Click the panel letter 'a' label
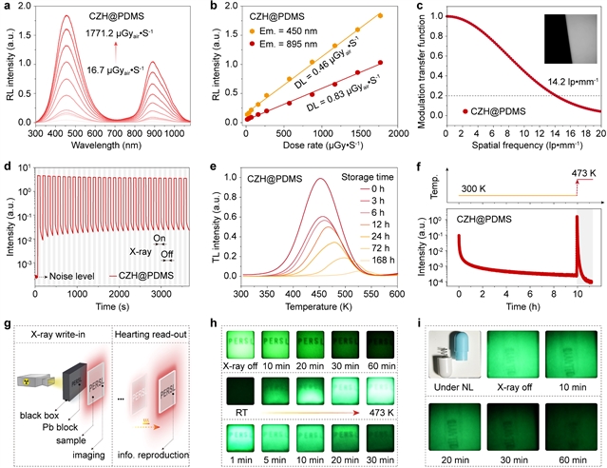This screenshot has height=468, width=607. pyautogui.click(x=8, y=8)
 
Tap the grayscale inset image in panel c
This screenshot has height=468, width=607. pyautogui.click(x=560, y=45)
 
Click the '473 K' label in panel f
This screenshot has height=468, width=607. pyautogui.click(x=581, y=170)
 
